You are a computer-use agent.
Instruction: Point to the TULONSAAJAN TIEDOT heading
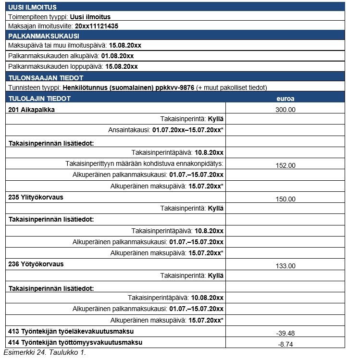(x=46, y=78)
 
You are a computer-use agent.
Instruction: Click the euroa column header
(x=286, y=99)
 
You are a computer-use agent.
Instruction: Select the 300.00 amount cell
(x=286, y=110)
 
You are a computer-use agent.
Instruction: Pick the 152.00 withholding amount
(x=286, y=165)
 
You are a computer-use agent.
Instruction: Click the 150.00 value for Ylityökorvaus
(x=286, y=199)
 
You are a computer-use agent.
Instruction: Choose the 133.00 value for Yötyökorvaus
(x=286, y=266)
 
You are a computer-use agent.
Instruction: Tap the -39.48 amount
(x=286, y=333)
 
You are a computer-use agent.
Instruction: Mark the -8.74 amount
(x=286, y=344)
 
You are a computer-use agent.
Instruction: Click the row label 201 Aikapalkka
(x=32, y=110)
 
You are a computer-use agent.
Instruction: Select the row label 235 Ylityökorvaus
(x=36, y=197)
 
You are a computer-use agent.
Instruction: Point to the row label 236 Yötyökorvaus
(x=36, y=264)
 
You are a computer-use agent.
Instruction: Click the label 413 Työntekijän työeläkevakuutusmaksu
(x=71, y=331)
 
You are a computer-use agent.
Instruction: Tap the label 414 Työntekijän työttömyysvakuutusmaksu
(x=75, y=342)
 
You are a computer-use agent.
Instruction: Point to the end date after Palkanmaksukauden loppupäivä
(x=121, y=67)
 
